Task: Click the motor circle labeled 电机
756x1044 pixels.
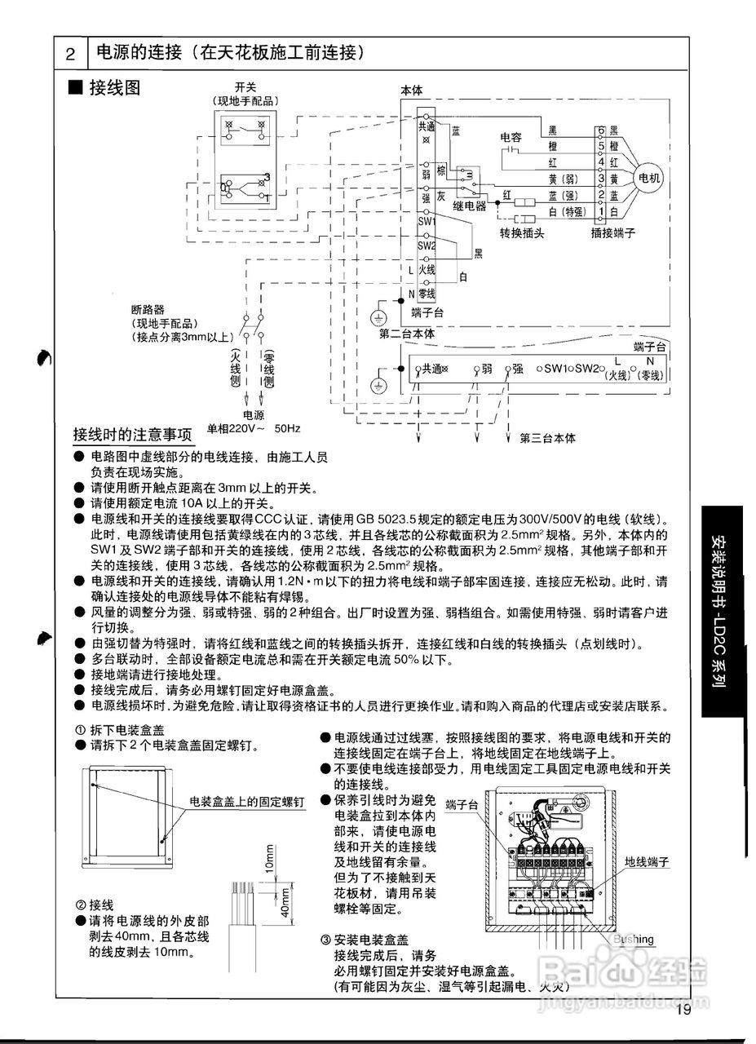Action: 649,177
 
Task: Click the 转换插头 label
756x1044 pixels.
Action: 521,232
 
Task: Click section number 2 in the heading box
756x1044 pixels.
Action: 71,55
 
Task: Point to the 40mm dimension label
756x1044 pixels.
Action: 285,900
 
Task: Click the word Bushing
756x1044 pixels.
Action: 634,939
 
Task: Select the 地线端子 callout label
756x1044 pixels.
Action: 647,861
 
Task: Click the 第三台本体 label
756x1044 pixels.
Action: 547,438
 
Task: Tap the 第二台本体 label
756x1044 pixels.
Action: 407,334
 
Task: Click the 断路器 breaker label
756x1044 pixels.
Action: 148,310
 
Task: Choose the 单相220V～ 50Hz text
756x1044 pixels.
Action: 254,427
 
